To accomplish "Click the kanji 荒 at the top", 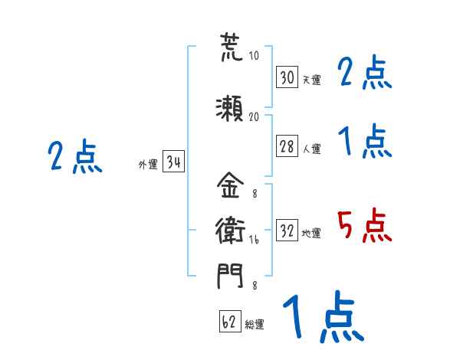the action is (x=232, y=47).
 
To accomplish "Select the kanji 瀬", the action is (x=229, y=109).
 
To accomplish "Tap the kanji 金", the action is (x=230, y=185).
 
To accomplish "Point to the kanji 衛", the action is (x=230, y=230).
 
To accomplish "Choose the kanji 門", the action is (x=230, y=276).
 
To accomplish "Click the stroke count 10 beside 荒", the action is (x=254, y=55).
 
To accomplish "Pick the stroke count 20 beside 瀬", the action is (x=254, y=116).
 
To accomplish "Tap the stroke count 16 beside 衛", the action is (x=254, y=240).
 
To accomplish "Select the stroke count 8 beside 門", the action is (x=255, y=285).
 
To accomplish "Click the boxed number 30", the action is (x=287, y=77).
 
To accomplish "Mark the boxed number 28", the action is (x=287, y=146).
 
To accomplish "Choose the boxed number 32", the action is (x=287, y=230).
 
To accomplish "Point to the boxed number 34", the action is (x=173, y=161).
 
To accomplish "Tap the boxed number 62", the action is (x=230, y=321).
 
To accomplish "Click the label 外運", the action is (x=148, y=165).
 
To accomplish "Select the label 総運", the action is (x=255, y=324).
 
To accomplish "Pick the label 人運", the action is (x=312, y=149).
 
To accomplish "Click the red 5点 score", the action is (x=364, y=225).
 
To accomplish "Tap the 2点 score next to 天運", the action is (x=364, y=72).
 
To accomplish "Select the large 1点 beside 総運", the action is (x=324, y=316).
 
